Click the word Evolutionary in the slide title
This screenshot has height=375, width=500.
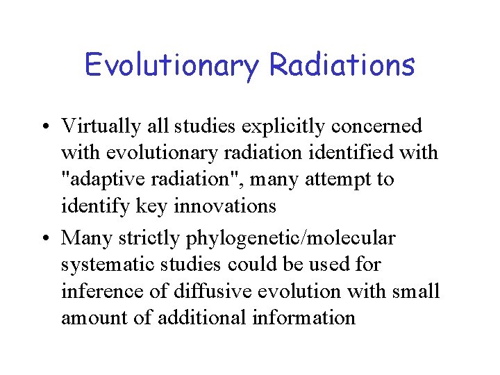(172, 66)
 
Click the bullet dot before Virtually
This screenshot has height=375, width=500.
(45, 127)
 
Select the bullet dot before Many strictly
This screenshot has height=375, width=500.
(45, 240)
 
